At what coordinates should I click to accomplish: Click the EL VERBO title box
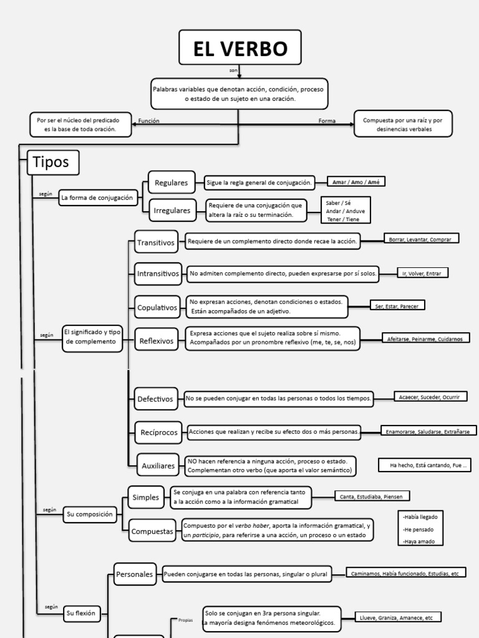click(x=239, y=47)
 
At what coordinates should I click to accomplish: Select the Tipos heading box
click(x=53, y=163)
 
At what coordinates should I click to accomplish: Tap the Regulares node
click(x=171, y=183)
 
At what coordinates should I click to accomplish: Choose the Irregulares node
click(x=172, y=211)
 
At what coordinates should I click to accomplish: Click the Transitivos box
click(x=156, y=242)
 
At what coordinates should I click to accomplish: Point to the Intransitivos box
click(x=158, y=273)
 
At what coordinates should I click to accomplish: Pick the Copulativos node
click(x=157, y=307)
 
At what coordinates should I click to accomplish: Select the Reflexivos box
click(x=157, y=340)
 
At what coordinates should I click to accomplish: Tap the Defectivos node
click(x=155, y=399)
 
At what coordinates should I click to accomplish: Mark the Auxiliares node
click(x=158, y=465)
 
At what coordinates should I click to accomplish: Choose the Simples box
click(x=146, y=497)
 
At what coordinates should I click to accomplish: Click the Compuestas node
click(x=152, y=531)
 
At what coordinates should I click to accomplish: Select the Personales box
click(x=135, y=574)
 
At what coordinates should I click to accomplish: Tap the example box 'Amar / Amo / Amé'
click(x=356, y=182)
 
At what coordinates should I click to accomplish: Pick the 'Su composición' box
click(x=90, y=514)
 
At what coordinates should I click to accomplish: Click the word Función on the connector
click(x=149, y=121)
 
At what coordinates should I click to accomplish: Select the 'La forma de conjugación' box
click(x=97, y=198)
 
